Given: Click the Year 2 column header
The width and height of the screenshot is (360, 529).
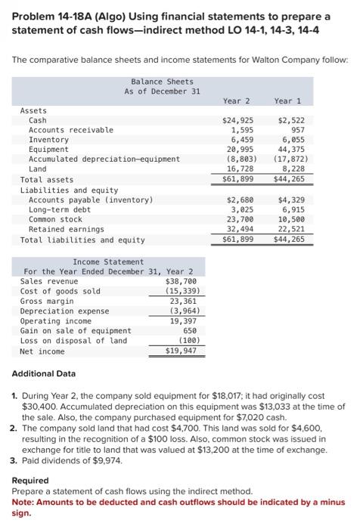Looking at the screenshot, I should click(x=237, y=101).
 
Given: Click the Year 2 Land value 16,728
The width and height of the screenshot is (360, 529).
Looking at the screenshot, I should click(x=240, y=169).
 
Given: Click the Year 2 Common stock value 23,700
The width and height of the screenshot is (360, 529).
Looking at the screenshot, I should click(x=240, y=218).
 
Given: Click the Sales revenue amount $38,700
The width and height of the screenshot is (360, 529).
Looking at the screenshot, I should click(x=182, y=280).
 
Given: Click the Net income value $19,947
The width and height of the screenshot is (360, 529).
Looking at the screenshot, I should click(x=182, y=351).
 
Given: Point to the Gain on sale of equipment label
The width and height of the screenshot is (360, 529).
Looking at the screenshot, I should click(x=76, y=330).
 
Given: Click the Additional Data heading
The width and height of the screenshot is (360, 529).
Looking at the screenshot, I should click(x=44, y=374).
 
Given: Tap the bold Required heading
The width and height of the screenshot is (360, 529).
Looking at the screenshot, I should click(x=30, y=480).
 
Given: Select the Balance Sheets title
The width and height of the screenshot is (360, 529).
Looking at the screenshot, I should click(x=162, y=82).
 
